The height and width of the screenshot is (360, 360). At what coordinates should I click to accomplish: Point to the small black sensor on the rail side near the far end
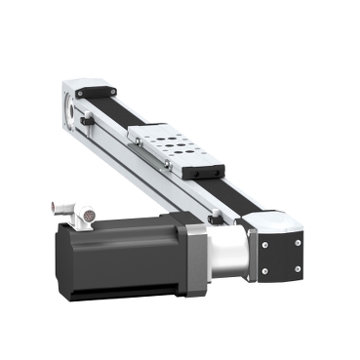tap(88, 121)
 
